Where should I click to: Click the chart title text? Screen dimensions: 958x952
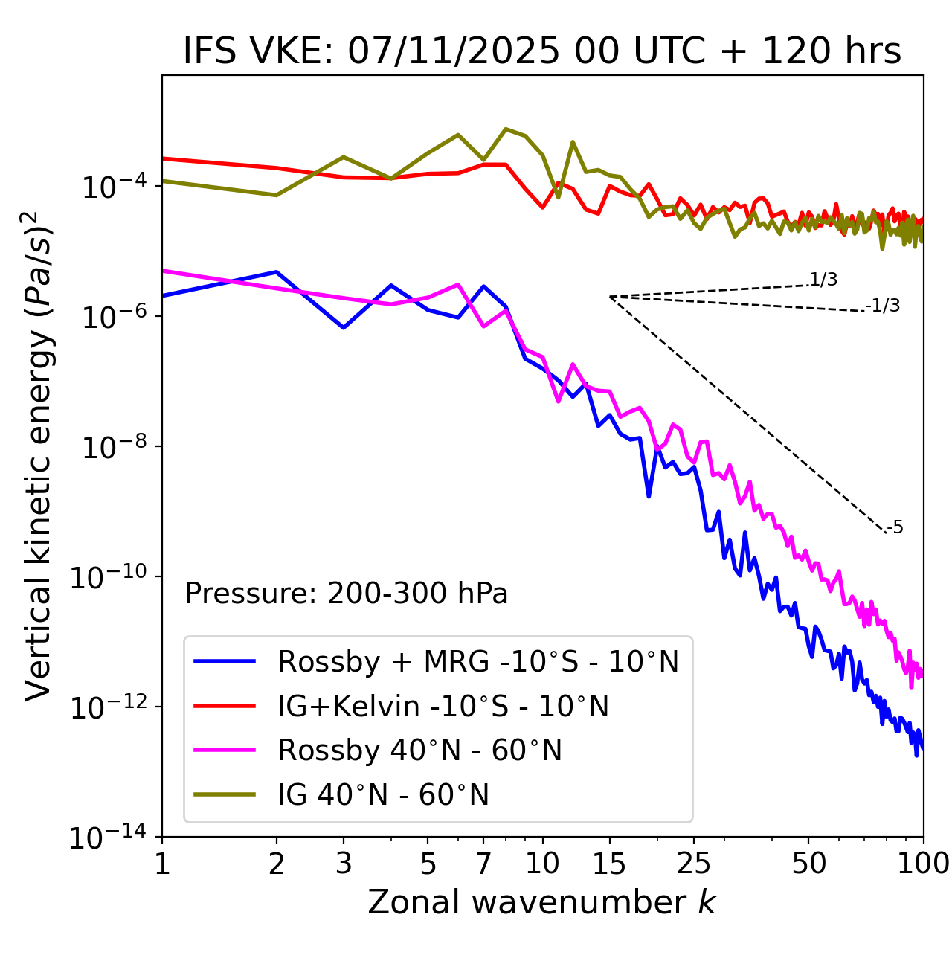point(542,51)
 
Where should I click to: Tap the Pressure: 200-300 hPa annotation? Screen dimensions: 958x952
point(347,594)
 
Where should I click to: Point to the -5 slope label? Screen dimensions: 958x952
point(895,527)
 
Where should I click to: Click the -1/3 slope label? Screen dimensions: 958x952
point(883,306)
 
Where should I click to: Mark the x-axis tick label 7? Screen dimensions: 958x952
point(483,864)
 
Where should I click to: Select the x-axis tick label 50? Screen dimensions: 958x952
point(808,864)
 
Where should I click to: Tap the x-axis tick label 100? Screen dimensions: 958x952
point(923,864)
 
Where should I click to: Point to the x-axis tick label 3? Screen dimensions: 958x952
point(344,864)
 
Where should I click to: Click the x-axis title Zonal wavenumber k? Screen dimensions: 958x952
point(542,902)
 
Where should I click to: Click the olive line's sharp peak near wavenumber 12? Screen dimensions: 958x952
point(573,142)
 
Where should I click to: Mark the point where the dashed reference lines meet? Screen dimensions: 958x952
point(610,297)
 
